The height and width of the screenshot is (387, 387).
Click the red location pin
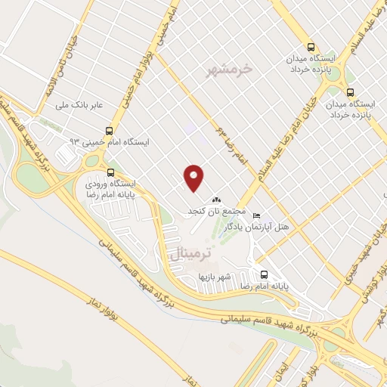click(194, 178)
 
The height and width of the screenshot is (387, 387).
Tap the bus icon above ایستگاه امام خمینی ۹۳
click(110, 130)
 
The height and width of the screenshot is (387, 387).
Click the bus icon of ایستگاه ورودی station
click(111, 172)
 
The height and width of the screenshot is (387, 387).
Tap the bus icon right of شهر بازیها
click(264, 275)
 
